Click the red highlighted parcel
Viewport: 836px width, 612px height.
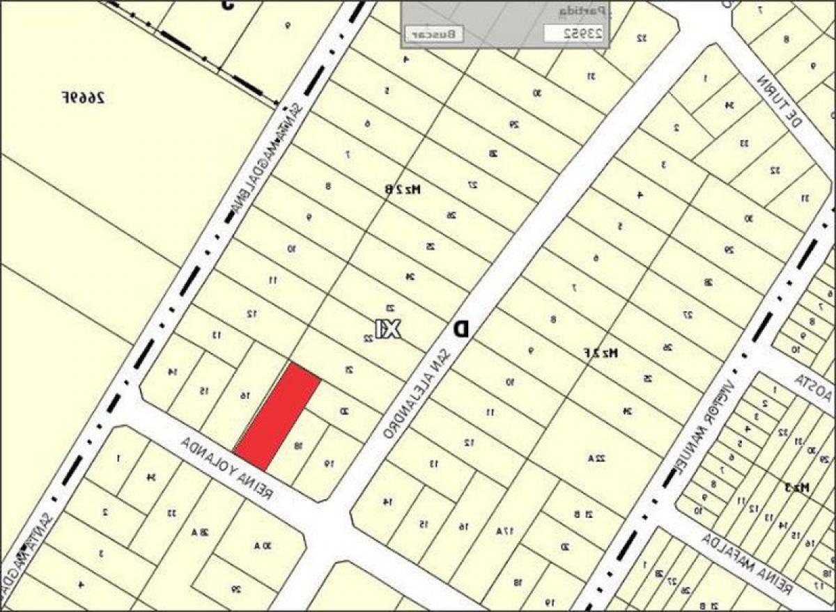[x=277, y=416]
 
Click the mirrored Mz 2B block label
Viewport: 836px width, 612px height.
[x=405, y=189]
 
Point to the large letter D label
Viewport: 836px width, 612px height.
[x=460, y=329]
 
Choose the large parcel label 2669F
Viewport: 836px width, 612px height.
[x=83, y=97]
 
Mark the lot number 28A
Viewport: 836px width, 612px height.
[x=201, y=533]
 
